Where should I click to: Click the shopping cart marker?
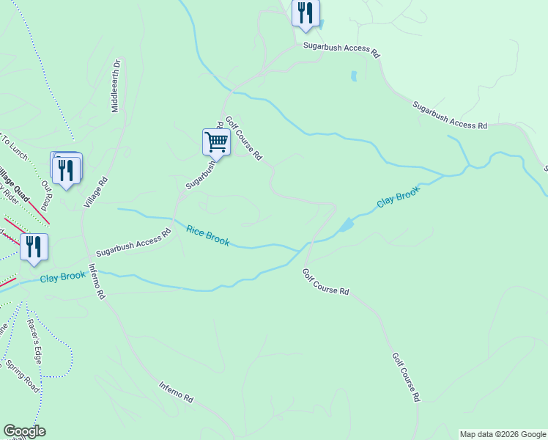[216, 142]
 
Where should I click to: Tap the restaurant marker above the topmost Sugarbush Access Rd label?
[305, 13]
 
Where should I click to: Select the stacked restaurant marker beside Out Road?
[67, 169]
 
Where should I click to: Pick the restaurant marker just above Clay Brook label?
[34, 247]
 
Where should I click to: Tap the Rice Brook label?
[207, 235]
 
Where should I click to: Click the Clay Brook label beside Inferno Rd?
[63, 277]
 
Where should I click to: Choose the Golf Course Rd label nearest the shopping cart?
[244, 138]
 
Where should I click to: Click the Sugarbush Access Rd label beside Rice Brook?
[133, 241]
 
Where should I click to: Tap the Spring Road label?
[22, 375]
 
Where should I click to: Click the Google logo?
[24, 431]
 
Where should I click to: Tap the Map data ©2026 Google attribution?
[503, 434]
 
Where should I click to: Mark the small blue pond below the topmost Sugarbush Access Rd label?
[354, 76]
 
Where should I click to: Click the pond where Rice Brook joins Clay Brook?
[344, 224]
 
